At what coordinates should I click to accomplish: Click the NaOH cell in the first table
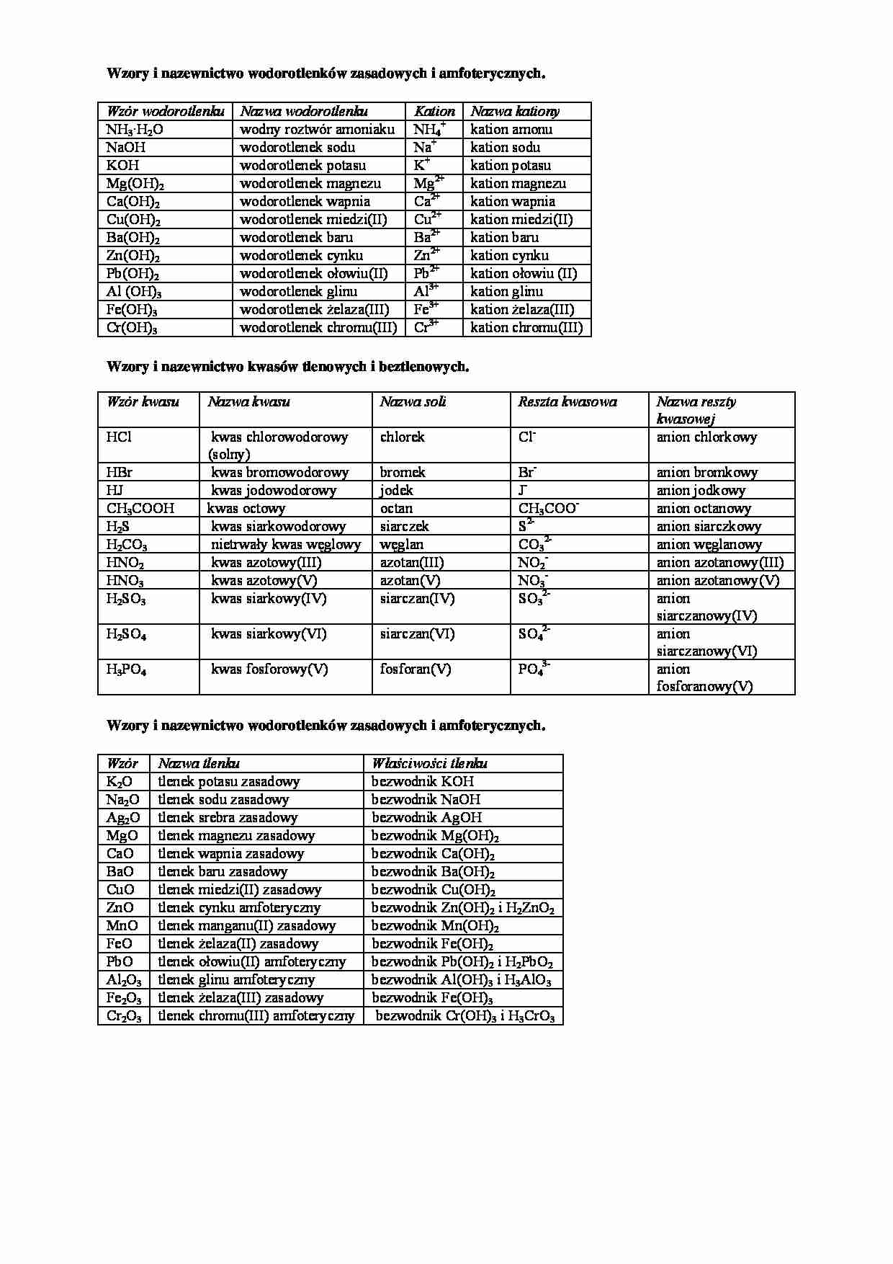tap(126, 148)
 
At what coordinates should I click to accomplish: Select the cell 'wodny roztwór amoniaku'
tap(317, 130)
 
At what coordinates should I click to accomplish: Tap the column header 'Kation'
tap(434, 112)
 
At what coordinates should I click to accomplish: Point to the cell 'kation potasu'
tap(510, 166)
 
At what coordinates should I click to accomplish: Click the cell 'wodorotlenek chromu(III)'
tap(318, 328)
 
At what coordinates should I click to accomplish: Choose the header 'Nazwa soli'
tap(413, 402)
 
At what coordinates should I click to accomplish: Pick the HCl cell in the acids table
tap(119, 437)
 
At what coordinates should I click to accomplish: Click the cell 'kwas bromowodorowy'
tap(279, 473)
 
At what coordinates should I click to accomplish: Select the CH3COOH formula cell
tap(140, 509)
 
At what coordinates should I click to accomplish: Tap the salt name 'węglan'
tap(401, 545)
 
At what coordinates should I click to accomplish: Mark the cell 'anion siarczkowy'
tap(709, 527)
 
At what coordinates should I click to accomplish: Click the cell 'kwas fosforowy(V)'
tap(269, 669)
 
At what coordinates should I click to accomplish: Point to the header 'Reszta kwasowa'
tap(567, 402)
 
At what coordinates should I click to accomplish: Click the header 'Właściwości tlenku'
tap(429, 764)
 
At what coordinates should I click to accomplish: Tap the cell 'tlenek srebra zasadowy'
tap(228, 818)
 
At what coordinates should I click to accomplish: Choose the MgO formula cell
tap(122, 836)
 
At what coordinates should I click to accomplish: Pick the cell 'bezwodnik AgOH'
tap(426, 818)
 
